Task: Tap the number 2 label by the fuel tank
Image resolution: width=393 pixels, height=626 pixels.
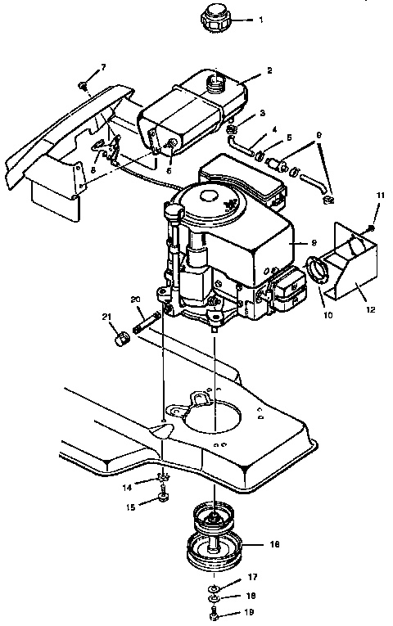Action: (269, 71)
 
